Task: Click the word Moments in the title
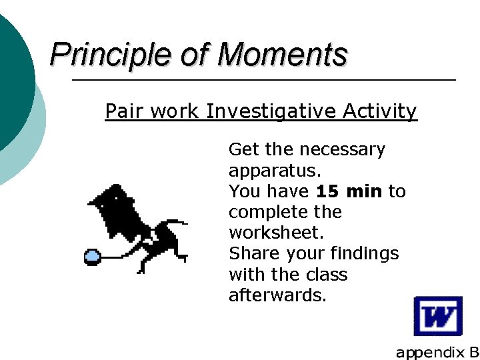pos(282,55)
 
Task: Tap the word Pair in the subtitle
pos(125,111)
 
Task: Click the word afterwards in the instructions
pos(277,295)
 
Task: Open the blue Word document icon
pos(437,316)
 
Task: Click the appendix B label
pos(437,352)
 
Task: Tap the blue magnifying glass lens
pos(91,255)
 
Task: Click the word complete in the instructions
pos(267,213)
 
